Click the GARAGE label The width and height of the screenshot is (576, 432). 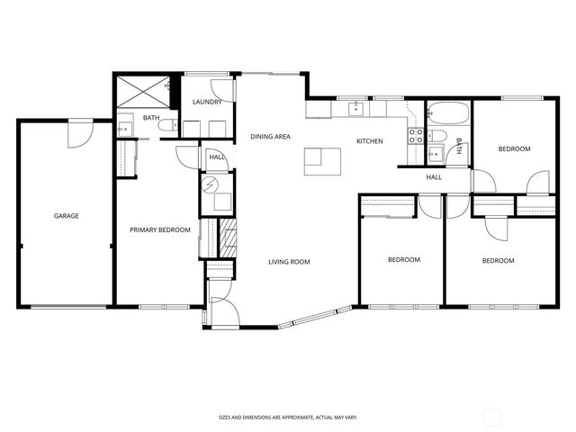67,216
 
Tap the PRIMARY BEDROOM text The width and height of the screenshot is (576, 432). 160,230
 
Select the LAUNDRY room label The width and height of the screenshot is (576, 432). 207,102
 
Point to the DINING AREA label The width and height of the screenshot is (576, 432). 270,136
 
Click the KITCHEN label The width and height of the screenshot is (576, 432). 370,141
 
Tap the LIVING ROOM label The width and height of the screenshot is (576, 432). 289,262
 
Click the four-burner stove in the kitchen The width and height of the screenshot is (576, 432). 417,137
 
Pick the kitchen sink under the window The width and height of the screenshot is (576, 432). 356,109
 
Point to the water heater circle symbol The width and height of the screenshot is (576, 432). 211,185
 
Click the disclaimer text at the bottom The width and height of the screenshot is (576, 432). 288,418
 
